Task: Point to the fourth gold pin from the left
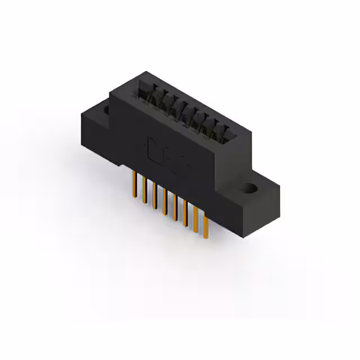(x=164, y=201)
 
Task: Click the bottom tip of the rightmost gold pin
(x=206, y=236)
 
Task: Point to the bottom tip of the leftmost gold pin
(x=133, y=196)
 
